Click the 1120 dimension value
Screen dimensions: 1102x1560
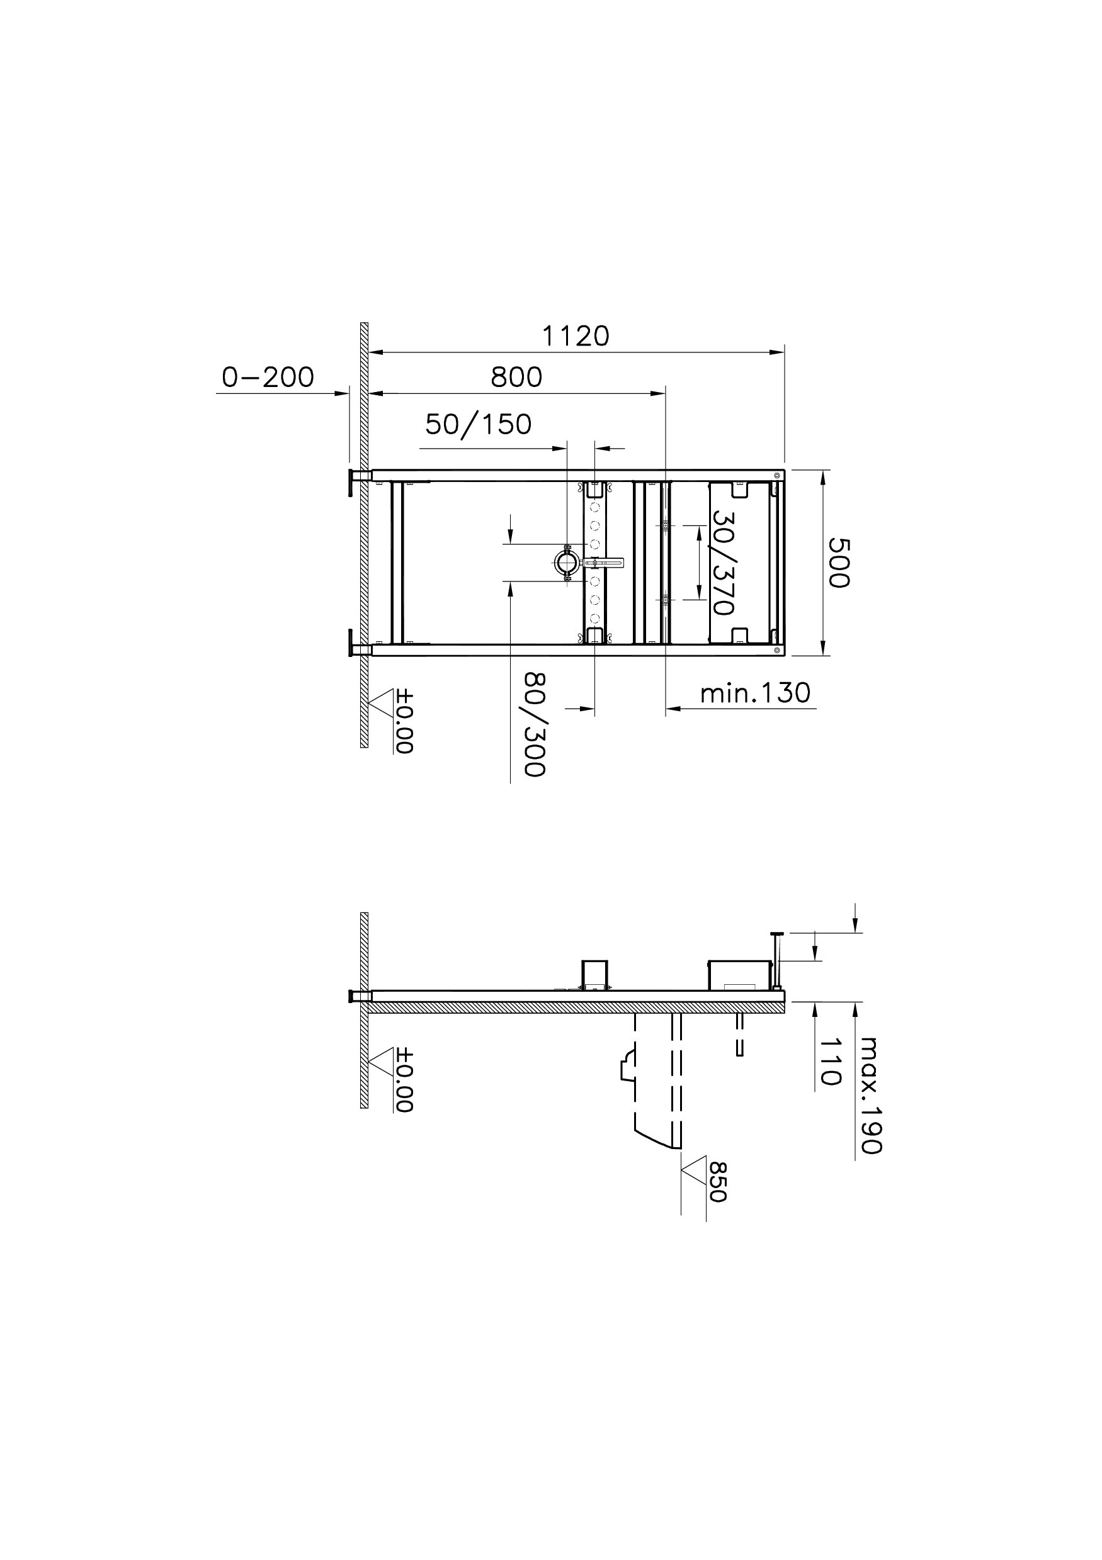pos(575,336)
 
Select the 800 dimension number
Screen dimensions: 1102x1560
pos(516,377)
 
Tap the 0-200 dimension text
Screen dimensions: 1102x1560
pos(268,377)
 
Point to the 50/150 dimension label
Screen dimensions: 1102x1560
pos(479,425)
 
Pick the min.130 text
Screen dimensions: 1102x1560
pos(755,693)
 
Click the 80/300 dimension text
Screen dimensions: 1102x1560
pos(535,724)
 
